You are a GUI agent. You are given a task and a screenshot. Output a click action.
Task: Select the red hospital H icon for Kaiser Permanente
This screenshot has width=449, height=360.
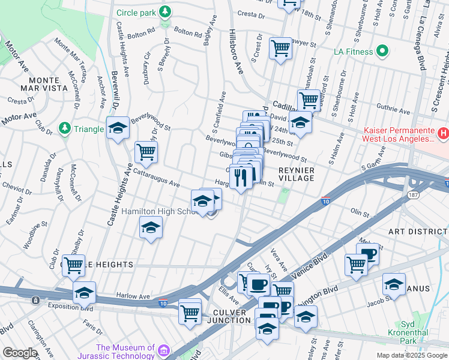(x=442, y=133)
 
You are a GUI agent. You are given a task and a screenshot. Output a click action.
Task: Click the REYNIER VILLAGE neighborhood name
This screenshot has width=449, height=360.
(x=297, y=174)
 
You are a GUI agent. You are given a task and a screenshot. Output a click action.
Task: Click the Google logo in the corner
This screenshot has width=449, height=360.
(x=20, y=353)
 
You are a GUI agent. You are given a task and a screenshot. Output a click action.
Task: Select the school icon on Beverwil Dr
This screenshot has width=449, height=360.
(x=118, y=127)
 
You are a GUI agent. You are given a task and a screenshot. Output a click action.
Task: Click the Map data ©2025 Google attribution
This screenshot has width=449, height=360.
(x=411, y=355)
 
